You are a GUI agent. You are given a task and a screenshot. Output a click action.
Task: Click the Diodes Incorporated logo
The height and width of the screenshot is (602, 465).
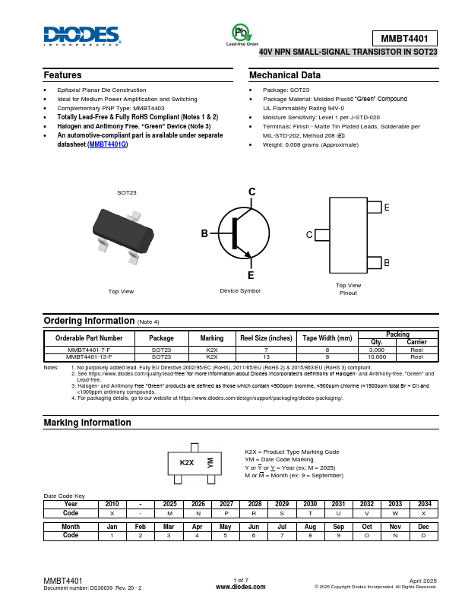[x=82, y=36]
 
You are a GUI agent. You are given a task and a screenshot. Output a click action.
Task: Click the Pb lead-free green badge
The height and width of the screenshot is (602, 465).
[x=242, y=33]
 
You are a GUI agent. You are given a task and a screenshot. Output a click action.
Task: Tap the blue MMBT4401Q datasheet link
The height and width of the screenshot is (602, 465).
[x=108, y=144]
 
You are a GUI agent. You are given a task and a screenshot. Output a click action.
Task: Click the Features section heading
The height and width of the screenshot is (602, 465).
[x=62, y=75]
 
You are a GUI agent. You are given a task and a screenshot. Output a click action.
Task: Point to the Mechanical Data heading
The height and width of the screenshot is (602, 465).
[x=285, y=75]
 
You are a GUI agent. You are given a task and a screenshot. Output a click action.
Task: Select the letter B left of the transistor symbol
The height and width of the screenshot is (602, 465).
[x=204, y=234]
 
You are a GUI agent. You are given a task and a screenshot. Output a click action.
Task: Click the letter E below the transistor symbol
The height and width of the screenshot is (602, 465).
[x=251, y=275]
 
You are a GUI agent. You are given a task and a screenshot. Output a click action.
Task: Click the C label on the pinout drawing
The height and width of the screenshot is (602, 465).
[x=309, y=235]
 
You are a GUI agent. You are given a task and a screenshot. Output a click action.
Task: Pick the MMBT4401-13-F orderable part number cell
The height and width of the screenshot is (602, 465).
[x=89, y=356]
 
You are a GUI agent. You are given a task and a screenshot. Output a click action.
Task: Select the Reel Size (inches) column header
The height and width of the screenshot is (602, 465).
[x=266, y=337]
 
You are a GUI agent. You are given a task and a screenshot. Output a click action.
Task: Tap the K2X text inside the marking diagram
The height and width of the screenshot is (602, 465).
[x=186, y=463]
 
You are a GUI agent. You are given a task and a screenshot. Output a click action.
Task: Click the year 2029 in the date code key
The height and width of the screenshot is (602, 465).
[x=282, y=504]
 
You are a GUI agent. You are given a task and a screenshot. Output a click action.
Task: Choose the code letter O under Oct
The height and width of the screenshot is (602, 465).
[x=367, y=535]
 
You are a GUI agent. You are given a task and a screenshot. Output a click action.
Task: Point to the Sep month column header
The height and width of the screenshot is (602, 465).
[x=339, y=526]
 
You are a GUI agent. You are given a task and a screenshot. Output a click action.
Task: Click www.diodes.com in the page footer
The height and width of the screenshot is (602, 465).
[x=241, y=587]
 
